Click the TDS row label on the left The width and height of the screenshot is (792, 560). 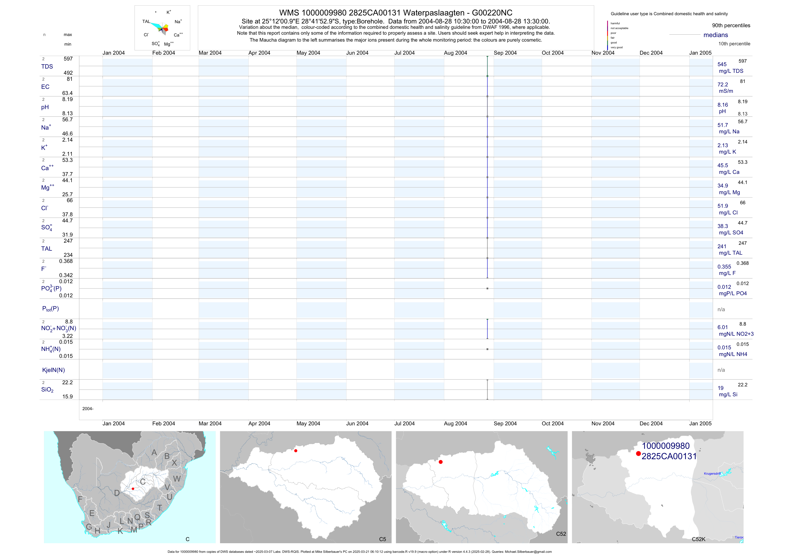coord(47,67)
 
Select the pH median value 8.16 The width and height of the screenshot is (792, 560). coord(722,105)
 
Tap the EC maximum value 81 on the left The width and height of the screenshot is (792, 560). coord(70,79)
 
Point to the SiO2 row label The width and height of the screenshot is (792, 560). coord(47,390)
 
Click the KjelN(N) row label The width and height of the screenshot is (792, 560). coord(53,370)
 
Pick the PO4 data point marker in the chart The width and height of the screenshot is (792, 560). coord(487,288)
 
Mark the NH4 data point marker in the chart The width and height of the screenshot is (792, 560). coord(487,349)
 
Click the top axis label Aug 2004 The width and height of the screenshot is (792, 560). coord(455,53)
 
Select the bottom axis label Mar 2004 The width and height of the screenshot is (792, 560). coord(210,423)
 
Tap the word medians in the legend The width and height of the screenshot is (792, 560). coord(715,35)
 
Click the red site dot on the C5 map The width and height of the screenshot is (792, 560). coord(296,451)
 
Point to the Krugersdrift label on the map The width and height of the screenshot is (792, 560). coord(712,473)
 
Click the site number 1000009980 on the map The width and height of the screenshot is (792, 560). coord(665,446)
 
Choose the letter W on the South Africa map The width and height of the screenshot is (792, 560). coord(177,479)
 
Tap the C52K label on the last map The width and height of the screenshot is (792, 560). coord(699,539)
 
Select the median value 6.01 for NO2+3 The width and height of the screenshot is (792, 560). coord(722,327)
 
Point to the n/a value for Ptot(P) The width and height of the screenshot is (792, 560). coord(721,309)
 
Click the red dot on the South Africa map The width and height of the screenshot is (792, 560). coord(133,489)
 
